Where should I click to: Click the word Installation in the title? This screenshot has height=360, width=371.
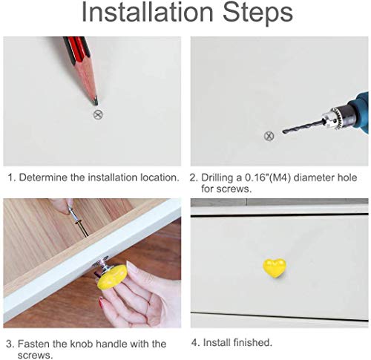(x=148, y=12)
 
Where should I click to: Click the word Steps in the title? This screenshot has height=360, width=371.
(x=258, y=13)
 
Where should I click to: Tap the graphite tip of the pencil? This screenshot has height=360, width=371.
(x=95, y=101)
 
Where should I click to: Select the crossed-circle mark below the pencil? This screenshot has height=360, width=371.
(x=98, y=114)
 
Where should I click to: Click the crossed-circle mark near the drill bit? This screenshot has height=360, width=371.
(x=269, y=136)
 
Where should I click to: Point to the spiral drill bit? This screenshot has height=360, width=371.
(x=303, y=126)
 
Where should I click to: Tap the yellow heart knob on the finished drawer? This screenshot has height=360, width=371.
(x=274, y=268)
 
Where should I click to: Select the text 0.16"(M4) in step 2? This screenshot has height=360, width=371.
(x=268, y=177)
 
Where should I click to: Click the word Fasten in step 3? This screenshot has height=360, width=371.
(x=34, y=344)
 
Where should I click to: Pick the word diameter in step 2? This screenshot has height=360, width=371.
(x=314, y=177)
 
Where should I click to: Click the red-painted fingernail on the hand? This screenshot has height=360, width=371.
(x=101, y=301)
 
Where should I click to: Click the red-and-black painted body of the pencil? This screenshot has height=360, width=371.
(x=76, y=48)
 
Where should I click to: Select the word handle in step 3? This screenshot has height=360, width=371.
(x=112, y=344)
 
